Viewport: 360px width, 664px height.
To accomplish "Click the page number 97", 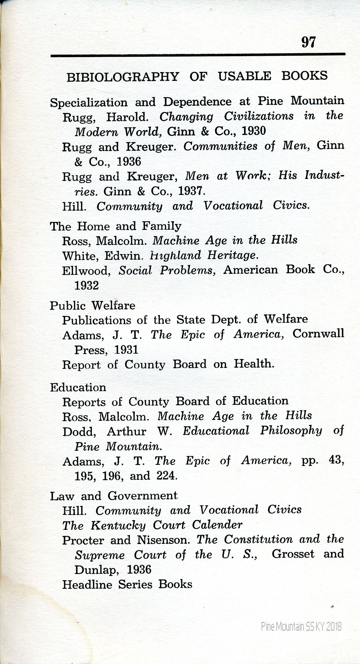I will pyautogui.click(x=308, y=42).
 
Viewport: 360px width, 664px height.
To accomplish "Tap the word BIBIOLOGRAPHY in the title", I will pyautogui.click(x=122, y=77).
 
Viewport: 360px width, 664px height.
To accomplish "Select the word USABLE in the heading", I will pyautogui.click(x=244, y=76).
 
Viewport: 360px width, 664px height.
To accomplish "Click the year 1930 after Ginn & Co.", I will pyautogui.click(x=253, y=131).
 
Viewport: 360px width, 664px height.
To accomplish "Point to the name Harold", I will pyautogui.click(x=127, y=117).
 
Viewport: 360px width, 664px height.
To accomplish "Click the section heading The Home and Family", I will pyautogui.click(x=115, y=226).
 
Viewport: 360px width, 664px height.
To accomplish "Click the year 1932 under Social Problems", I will pyautogui.click(x=86, y=285).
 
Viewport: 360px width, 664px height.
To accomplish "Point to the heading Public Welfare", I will pyautogui.click(x=92, y=305).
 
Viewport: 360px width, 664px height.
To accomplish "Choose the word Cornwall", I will pyautogui.click(x=318, y=334).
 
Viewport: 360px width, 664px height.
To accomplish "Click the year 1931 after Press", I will pyautogui.click(x=126, y=350).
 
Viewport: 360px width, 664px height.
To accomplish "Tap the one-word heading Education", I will pyautogui.click(x=78, y=387).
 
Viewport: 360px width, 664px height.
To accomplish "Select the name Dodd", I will pyautogui.click(x=79, y=431).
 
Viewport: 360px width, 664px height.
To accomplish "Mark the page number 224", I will pyautogui.click(x=167, y=476).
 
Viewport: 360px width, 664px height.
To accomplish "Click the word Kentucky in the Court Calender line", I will pyautogui.click(x=118, y=525).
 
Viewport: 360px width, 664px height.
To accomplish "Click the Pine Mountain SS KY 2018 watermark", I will pyautogui.click(x=301, y=626).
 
